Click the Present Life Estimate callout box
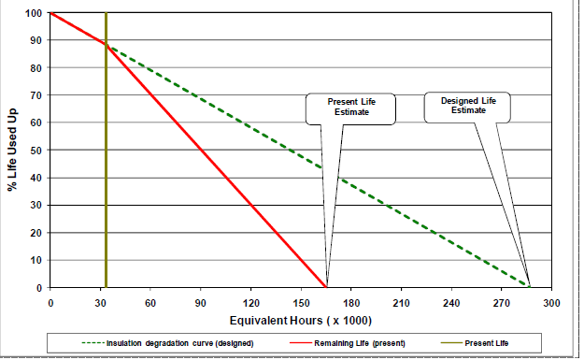click(350, 108)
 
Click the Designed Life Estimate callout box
click(468, 106)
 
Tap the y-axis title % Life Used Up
click(12, 150)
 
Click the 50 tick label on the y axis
click(37, 151)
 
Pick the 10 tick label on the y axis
click(37, 260)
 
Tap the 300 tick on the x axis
click(551, 302)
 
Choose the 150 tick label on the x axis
click(300, 302)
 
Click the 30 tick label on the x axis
click(100, 302)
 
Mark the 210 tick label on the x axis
click(401, 302)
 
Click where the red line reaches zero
click(326, 287)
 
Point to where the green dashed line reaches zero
click(529, 287)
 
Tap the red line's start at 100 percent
click(50, 13)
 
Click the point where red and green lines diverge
click(107, 44)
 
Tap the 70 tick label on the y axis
click(37, 95)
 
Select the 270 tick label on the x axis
click(502, 302)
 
